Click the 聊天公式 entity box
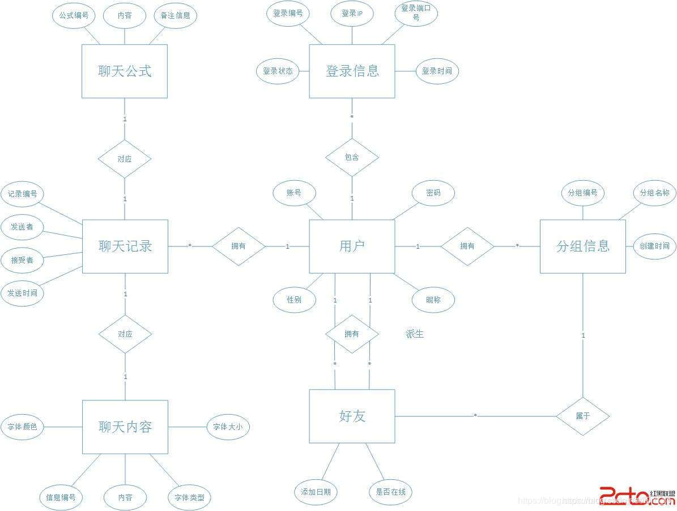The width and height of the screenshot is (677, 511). pyautogui.click(x=125, y=71)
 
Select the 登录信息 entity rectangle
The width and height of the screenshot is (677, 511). pyautogui.click(x=352, y=71)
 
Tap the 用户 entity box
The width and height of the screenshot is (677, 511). pyautogui.click(x=352, y=246)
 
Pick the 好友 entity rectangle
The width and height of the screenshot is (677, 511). pyautogui.click(x=352, y=416)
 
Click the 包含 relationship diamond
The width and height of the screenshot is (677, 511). pyautogui.click(x=352, y=157)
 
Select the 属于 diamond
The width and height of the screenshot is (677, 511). pyautogui.click(x=583, y=416)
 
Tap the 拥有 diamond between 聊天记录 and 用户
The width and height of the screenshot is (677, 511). pyautogui.click(x=239, y=246)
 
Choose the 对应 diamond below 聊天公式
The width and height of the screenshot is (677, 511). pyautogui.click(x=125, y=159)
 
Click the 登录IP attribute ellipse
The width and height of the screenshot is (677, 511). pyautogui.click(x=352, y=14)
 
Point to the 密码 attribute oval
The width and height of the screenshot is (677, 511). pyautogui.click(x=433, y=193)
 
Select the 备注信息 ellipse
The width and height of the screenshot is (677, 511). pyautogui.click(x=175, y=15)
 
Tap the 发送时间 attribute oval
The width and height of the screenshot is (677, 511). pyautogui.click(x=23, y=293)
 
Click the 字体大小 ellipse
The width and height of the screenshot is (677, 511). pyautogui.click(x=228, y=427)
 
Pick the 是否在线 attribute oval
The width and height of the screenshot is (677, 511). pyautogui.click(x=390, y=492)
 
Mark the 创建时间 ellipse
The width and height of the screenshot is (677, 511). pyautogui.click(x=654, y=246)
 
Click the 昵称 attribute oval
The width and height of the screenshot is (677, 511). pyautogui.click(x=433, y=300)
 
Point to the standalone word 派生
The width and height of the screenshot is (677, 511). pyautogui.click(x=415, y=334)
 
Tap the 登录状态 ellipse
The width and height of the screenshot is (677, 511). pyautogui.click(x=278, y=71)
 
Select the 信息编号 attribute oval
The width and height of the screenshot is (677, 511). pyautogui.click(x=61, y=498)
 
